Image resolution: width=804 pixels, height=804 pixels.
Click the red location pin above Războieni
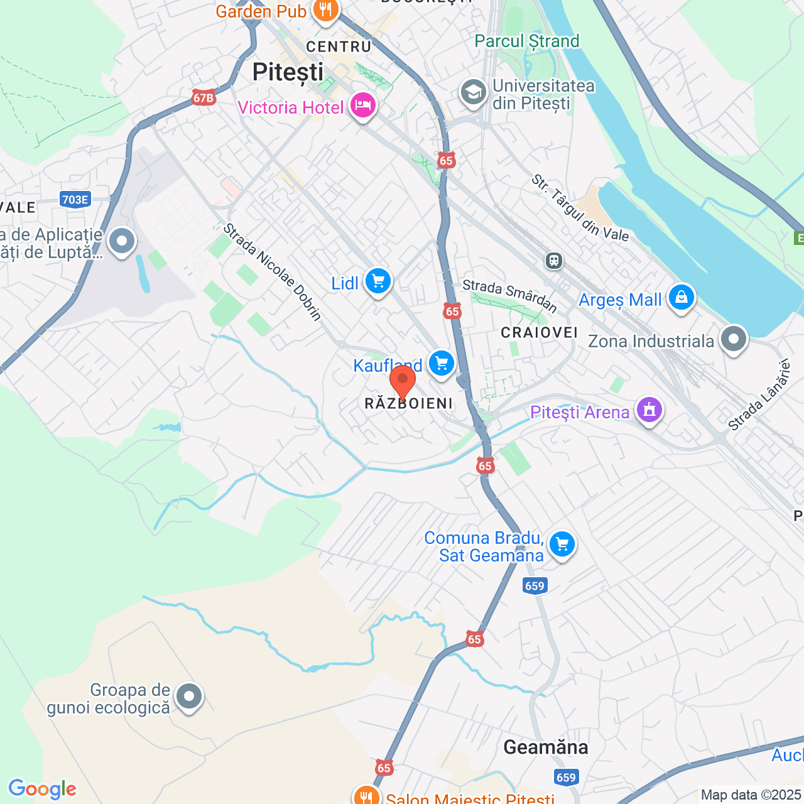[403, 381]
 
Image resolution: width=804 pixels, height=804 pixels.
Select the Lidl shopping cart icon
[378, 281]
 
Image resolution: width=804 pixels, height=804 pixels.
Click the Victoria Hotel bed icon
[363, 105]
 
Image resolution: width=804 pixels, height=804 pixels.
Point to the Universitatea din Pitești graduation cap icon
[473, 92]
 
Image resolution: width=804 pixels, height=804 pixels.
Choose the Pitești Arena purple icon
[649, 410]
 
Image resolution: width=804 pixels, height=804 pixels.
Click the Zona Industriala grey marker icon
[733, 339]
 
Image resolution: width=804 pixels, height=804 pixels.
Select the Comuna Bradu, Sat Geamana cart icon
[562, 545]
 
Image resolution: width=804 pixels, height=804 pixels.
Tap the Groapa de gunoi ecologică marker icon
[188, 696]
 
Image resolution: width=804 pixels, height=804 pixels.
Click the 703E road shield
[75, 200]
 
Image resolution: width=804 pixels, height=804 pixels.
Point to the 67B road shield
[204, 98]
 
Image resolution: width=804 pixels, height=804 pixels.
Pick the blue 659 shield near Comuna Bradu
[535, 586]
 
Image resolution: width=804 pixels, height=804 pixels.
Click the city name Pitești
[288, 72]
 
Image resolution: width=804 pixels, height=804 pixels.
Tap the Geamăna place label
[546, 747]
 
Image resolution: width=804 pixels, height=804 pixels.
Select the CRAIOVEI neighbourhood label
[539, 332]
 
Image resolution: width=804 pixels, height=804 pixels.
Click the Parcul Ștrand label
[527, 41]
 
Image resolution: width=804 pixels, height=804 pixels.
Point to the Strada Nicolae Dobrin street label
[273, 271]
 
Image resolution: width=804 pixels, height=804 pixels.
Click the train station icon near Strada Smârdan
[554, 260]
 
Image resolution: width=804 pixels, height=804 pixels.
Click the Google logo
[43, 789]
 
